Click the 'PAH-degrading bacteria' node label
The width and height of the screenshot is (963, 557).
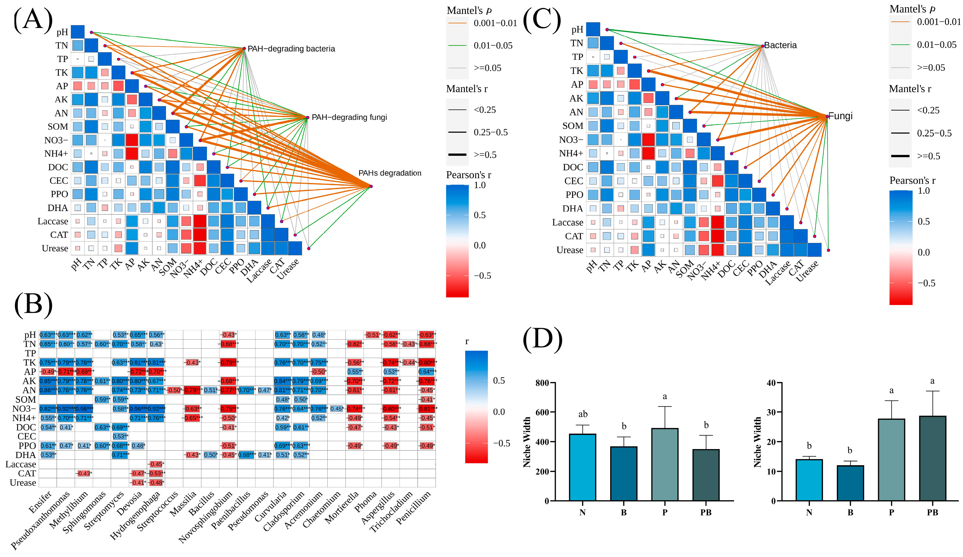click(x=291, y=49)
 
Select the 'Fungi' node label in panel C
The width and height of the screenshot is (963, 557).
click(x=840, y=116)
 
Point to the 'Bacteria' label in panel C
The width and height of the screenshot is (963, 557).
click(x=780, y=45)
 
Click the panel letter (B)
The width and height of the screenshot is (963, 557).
click(x=33, y=305)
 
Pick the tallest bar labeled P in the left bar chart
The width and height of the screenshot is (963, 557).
click(x=665, y=464)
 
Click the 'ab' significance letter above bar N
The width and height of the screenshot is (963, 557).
click(x=582, y=414)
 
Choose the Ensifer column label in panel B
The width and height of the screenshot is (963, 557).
click(x=41, y=502)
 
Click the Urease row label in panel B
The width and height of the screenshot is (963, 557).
click(x=23, y=483)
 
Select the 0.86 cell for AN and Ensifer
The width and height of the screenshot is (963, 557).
click(x=48, y=390)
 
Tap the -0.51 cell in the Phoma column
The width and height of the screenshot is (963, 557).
click(x=373, y=335)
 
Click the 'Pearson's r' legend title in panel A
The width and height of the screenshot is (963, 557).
click(x=469, y=175)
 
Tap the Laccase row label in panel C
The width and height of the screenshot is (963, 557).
click(x=567, y=222)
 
